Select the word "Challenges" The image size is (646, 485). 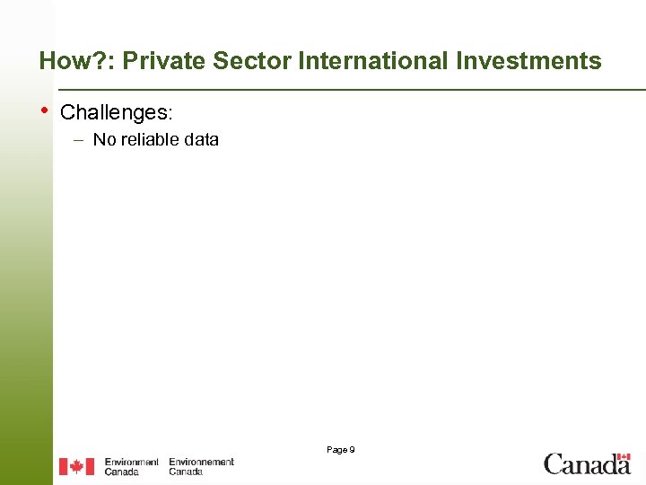tap(114, 112)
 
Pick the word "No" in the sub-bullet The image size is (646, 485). tap(104, 139)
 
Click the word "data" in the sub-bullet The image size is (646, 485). tap(202, 139)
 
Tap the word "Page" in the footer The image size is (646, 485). tap(336, 449)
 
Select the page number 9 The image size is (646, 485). tap(352, 449)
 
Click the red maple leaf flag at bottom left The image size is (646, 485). tap(76, 466)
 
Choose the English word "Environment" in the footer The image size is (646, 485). tap(131, 462)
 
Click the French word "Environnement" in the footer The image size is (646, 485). tap(201, 462)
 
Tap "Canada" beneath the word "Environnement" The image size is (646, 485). tap(186, 472)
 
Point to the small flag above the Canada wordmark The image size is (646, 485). tap(623, 456)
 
